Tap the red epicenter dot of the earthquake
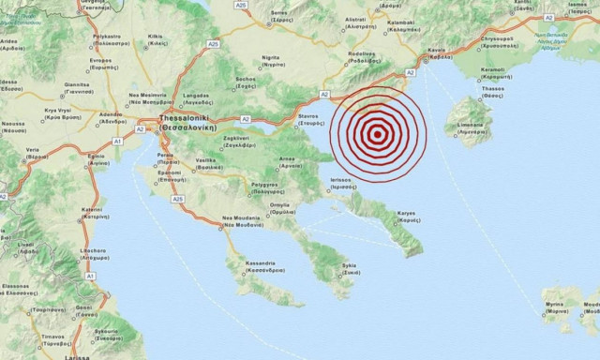coord(377,134)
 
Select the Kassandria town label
coord(251,266)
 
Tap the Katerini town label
coord(92,212)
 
